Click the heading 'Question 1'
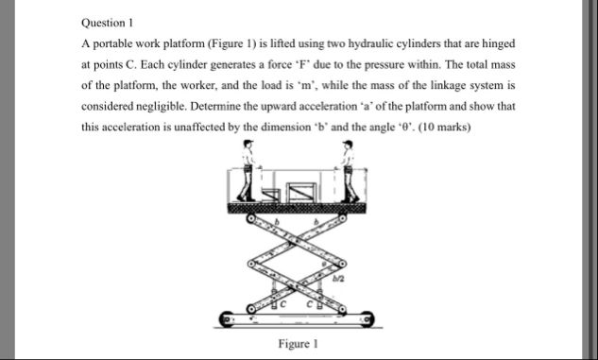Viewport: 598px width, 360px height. tap(107, 23)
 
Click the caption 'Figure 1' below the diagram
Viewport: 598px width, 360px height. tap(298, 344)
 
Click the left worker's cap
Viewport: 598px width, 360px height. tap(248, 143)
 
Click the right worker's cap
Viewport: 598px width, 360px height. tap(348, 143)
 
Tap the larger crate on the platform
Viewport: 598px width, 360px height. tap(301, 192)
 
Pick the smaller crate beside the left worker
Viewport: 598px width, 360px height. tap(271, 195)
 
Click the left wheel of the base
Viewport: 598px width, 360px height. tap(226, 319)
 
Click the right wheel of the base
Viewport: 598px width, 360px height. tap(367, 319)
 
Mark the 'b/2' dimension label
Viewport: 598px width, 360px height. tap(338, 279)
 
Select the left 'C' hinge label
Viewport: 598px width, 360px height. tap(282, 304)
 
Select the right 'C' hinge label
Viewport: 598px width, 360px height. tap(311, 304)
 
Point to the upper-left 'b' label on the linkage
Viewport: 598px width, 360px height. tap(277, 221)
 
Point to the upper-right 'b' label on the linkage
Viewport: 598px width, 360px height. tap(316, 221)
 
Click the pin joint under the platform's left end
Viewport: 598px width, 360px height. tap(251, 218)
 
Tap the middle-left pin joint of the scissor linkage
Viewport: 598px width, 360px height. tap(251, 264)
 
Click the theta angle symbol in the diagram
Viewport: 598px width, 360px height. tap(324, 264)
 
